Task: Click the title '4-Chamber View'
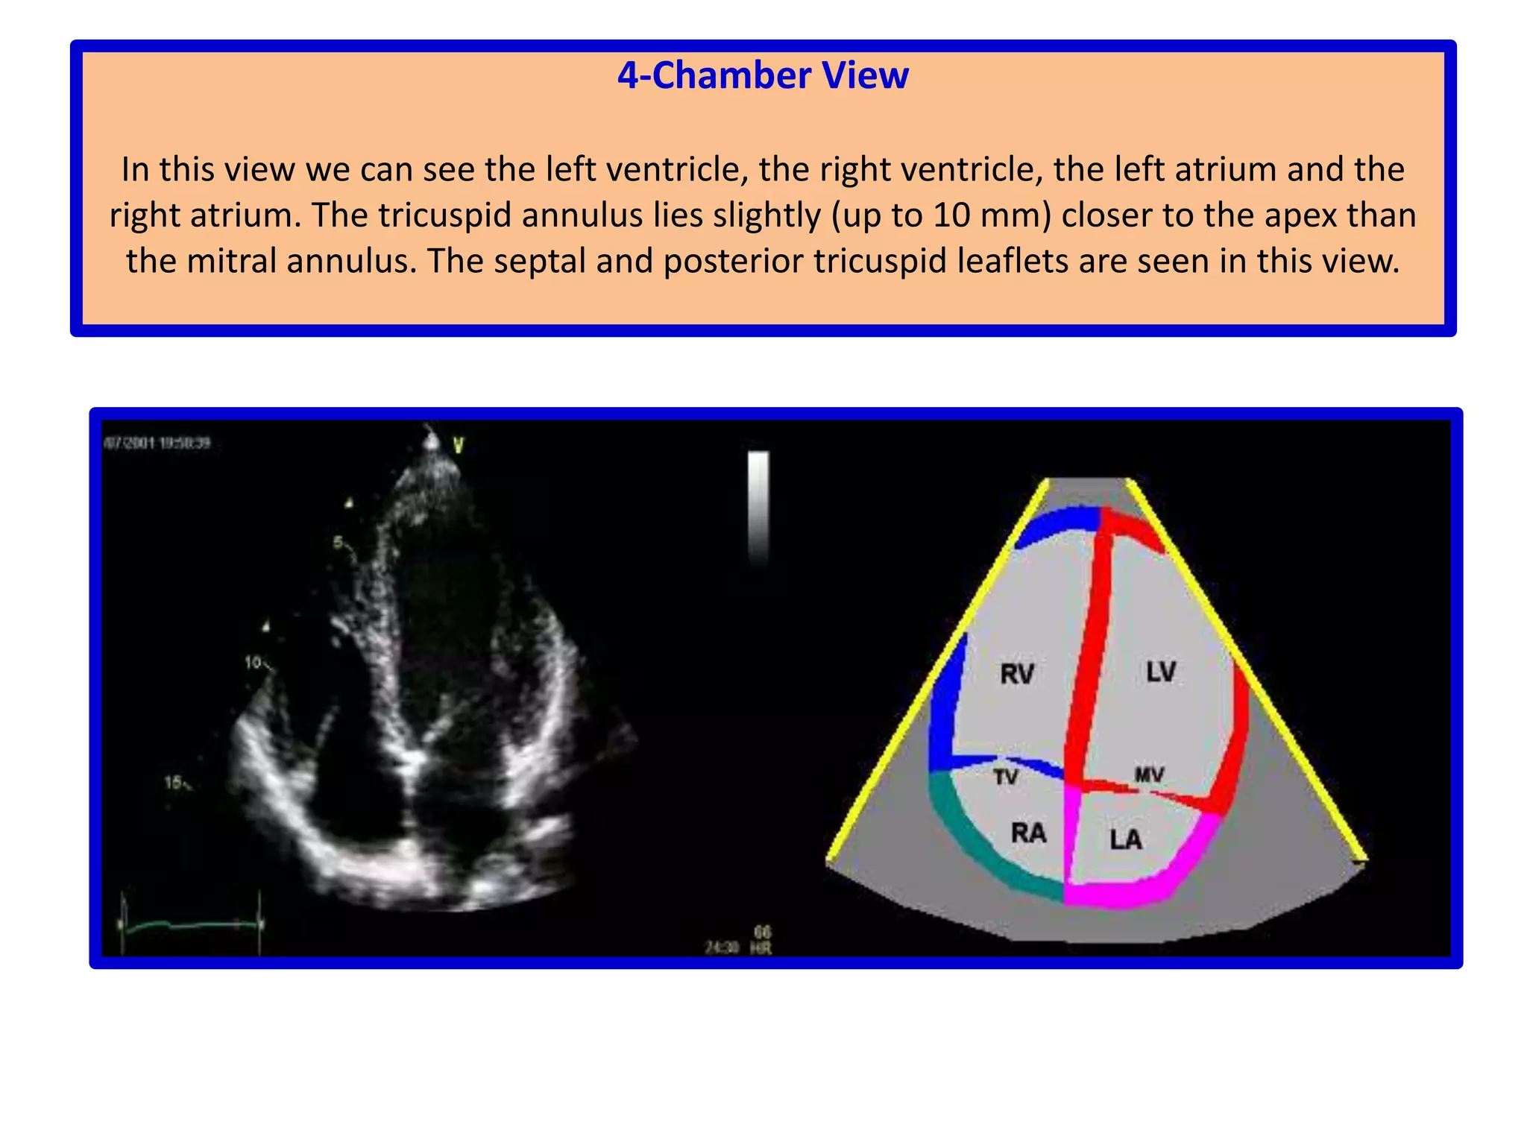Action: click(x=763, y=76)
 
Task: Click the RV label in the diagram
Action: click(x=1017, y=674)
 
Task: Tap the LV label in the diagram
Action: click(x=1161, y=672)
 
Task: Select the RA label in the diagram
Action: click(x=1029, y=833)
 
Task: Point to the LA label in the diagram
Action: click(x=1125, y=840)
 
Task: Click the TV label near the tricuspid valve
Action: click(x=1005, y=777)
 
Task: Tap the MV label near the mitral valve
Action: click(x=1149, y=775)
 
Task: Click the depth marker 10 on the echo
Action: click(x=254, y=662)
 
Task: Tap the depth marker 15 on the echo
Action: click(x=173, y=782)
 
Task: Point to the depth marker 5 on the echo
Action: click(x=338, y=542)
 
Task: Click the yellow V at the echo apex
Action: click(x=459, y=446)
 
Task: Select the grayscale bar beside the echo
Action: click(x=758, y=507)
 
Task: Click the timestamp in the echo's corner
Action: click(x=157, y=443)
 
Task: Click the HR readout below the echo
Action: click(x=761, y=941)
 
